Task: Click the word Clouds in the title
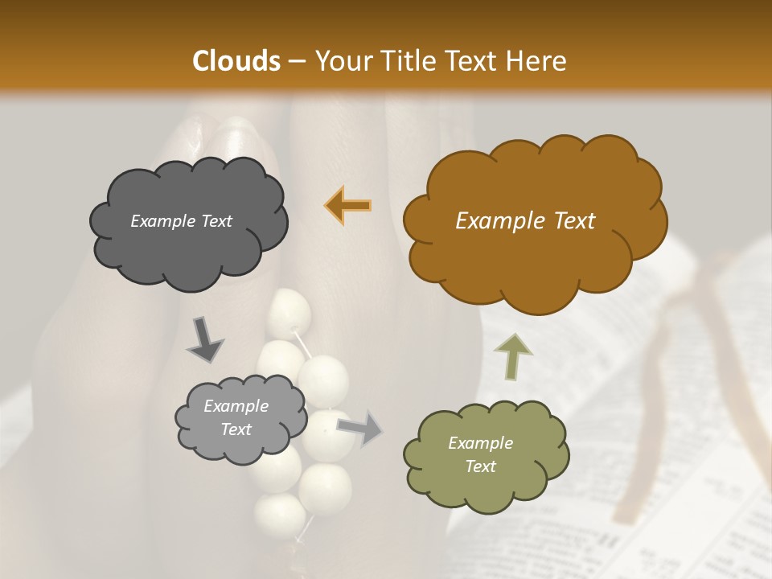tap(236, 61)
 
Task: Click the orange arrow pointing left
tap(348, 205)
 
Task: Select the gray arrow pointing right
tap(360, 427)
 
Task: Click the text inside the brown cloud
tap(525, 221)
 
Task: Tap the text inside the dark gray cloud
tap(181, 221)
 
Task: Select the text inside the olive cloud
tap(480, 454)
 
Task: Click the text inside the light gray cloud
tap(236, 418)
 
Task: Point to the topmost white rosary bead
tap(289, 312)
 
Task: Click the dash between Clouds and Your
tap(296, 62)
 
